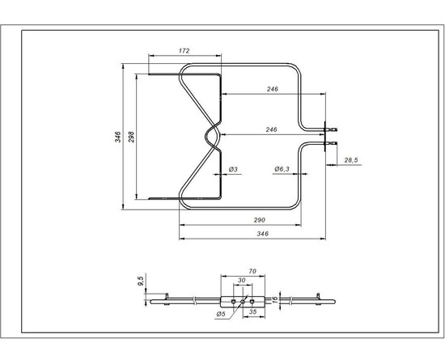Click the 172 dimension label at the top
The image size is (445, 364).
tap(184, 52)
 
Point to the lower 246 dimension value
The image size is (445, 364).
tap(272, 129)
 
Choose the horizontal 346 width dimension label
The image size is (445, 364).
tap(261, 234)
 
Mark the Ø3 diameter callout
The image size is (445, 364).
tap(232, 168)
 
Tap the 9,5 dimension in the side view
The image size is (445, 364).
tap(142, 281)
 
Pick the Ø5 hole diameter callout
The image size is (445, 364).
tap(220, 313)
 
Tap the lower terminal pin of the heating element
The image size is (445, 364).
tap(333, 145)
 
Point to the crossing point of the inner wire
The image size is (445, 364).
tap(213, 135)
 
